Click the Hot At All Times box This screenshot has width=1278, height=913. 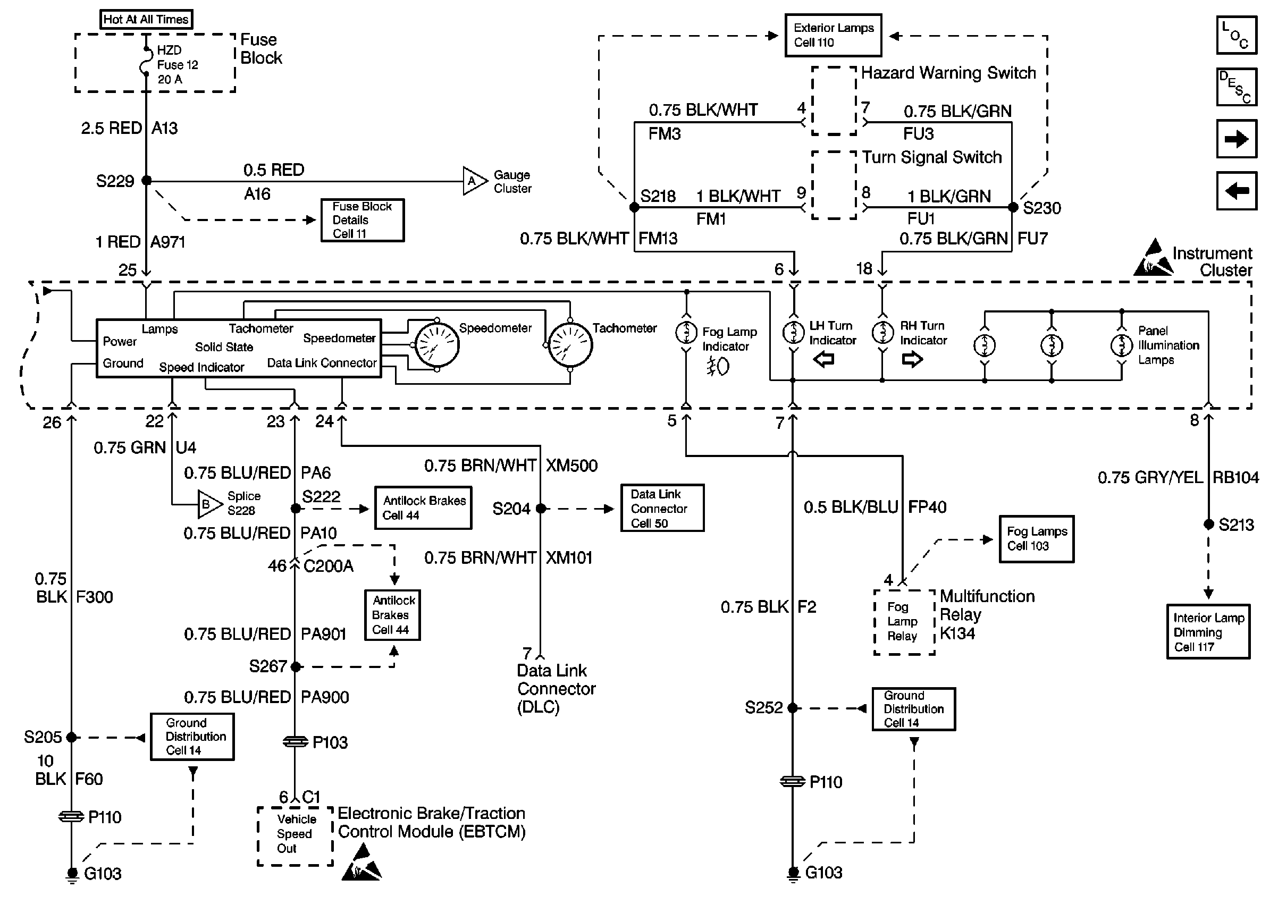[146, 19]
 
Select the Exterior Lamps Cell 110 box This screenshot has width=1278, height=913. [833, 36]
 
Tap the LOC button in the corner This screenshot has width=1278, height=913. [1236, 35]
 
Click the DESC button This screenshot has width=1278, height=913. [1236, 87]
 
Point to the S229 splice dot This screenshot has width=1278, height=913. [146, 181]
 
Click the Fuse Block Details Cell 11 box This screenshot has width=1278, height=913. [362, 220]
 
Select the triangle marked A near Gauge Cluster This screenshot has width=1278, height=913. [473, 181]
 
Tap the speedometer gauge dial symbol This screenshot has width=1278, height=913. [437, 345]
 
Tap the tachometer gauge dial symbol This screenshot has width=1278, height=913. [569, 345]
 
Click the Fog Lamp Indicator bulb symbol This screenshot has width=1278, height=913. [686, 332]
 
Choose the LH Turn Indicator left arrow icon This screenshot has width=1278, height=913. [823, 359]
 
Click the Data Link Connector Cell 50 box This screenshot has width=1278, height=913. [662, 508]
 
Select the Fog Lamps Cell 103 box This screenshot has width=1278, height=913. [1036, 538]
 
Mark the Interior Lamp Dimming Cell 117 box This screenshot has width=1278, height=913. [1208, 631]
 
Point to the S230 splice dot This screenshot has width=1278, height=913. [1013, 207]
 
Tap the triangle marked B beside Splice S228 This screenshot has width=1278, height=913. [208, 504]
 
